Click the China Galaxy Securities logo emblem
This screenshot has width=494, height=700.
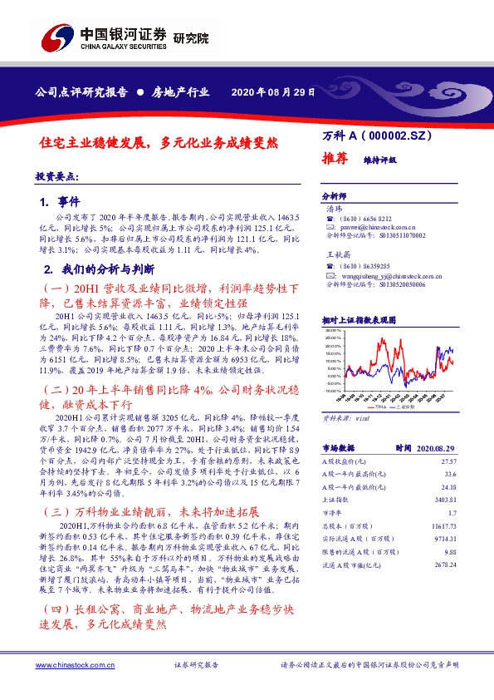57,39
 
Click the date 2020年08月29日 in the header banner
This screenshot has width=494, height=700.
273,92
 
